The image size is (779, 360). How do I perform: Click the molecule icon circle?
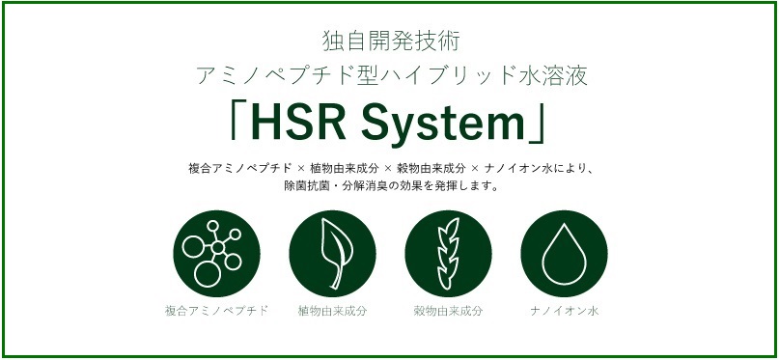(x=216, y=253)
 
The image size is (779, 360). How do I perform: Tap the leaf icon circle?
(x=332, y=253)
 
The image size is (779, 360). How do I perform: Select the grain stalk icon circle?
(x=448, y=253)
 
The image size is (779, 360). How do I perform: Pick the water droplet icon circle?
(x=564, y=253)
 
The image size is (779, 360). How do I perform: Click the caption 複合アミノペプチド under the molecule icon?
(x=216, y=312)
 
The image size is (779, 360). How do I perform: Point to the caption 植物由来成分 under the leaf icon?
(x=332, y=312)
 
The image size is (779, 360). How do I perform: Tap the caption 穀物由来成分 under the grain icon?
(x=448, y=312)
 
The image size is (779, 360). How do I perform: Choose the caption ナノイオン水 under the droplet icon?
(x=565, y=312)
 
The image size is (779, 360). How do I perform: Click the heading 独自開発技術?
(x=391, y=42)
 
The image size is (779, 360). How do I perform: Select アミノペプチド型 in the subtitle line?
(x=279, y=76)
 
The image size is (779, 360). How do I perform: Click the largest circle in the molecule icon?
(x=208, y=274)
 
